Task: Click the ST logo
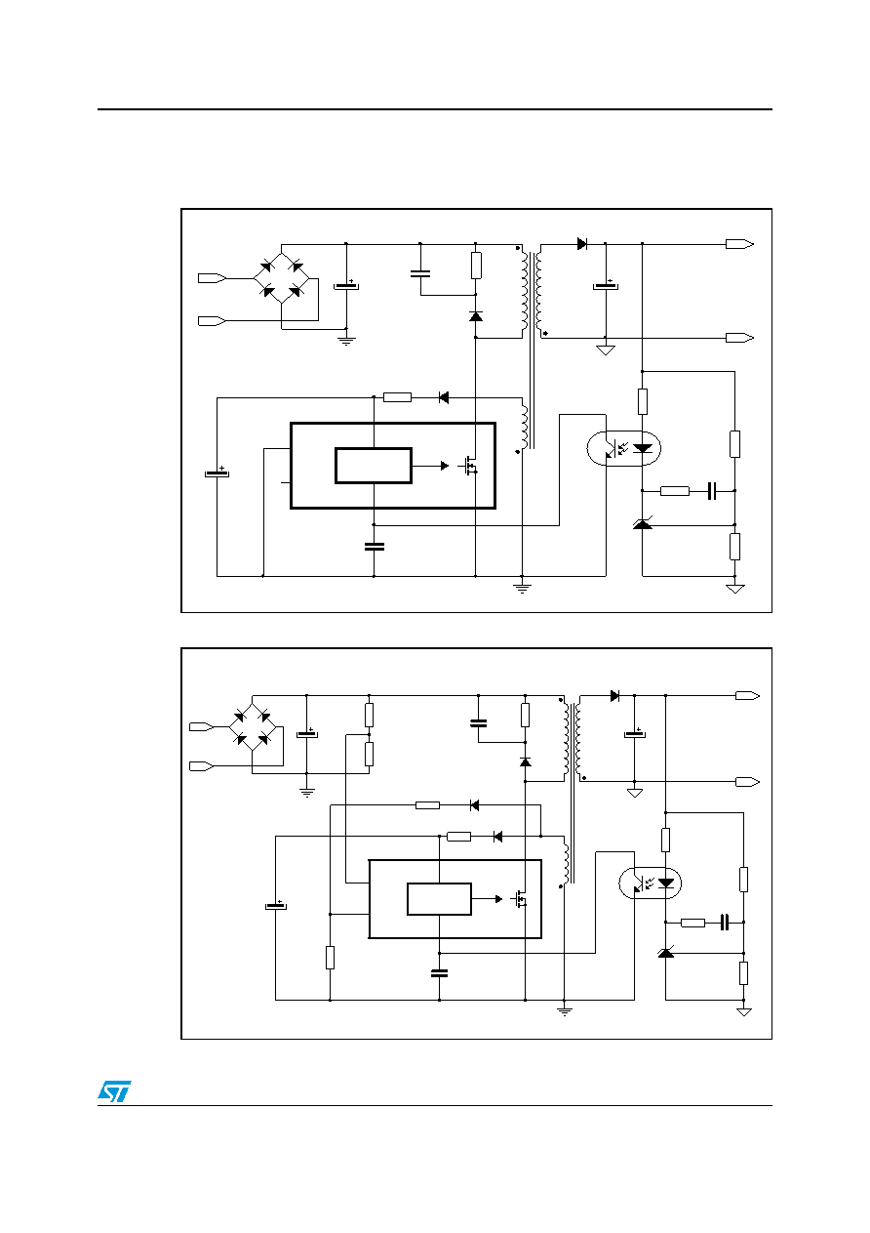pyautogui.click(x=114, y=1091)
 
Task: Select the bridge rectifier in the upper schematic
pyautogui.click(x=281, y=278)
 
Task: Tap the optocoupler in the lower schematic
pyautogui.click(x=650, y=883)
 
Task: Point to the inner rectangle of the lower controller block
pyautogui.click(x=439, y=899)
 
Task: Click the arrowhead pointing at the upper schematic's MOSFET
pyautogui.click(x=445, y=466)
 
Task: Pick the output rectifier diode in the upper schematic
pyautogui.click(x=582, y=243)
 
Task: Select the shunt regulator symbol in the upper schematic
pyautogui.click(x=643, y=524)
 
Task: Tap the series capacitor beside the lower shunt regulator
pyautogui.click(x=725, y=922)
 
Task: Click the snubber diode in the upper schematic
pyautogui.click(x=476, y=316)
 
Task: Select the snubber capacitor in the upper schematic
pyautogui.click(x=420, y=273)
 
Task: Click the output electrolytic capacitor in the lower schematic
pyautogui.click(x=634, y=734)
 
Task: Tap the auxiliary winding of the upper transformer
pyautogui.click(x=524, y=429)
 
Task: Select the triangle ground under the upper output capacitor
pyautogui.click(x=606, y=350)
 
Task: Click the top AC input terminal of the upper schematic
pyautogui.click(x=212, y=278)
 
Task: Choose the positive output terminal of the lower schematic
pyautogui.click(x=747, y=696)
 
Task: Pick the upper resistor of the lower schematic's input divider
pyautogui.click(x=369, y=715)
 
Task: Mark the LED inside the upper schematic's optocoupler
pyautogui.click(x=643, y=448)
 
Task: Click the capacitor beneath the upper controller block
pyautogui.click(x=374, y=546)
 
